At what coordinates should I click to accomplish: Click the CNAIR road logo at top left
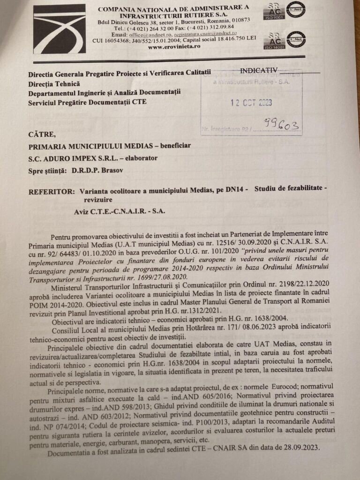point(59,29)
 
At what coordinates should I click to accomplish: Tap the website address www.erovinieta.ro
point(174,46)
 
